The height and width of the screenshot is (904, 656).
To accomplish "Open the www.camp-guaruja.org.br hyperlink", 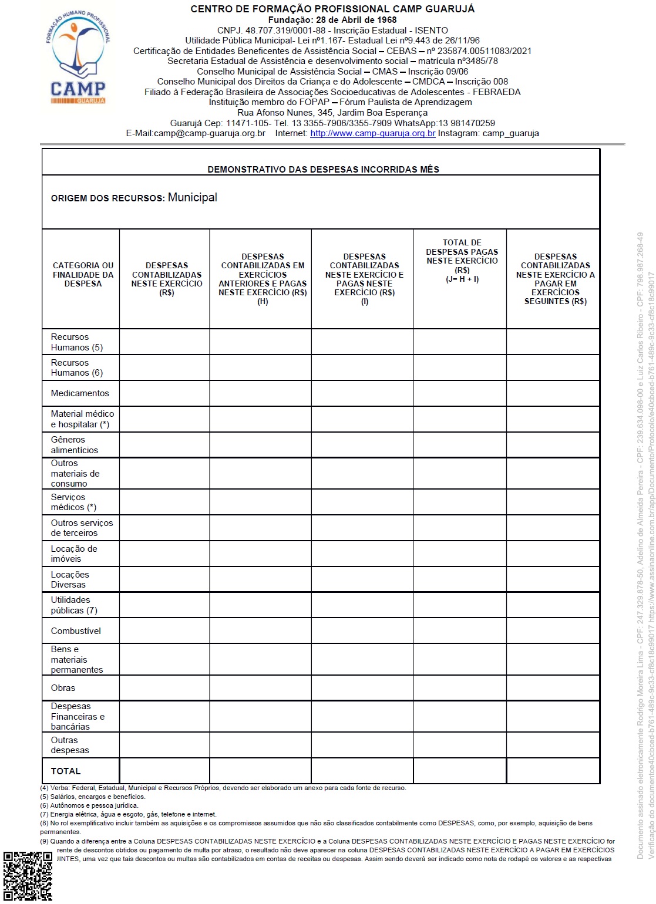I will (x=372, y=133).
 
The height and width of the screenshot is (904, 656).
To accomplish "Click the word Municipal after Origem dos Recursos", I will (x=192, y=197).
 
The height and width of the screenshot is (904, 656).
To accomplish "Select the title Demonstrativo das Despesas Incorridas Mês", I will (x=323, y=169).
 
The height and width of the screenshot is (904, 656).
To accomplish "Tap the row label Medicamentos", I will (x=80, y=393).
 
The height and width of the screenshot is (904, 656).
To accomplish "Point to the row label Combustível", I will (x=76, y=631).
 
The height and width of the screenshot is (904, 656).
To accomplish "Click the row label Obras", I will (x=63, y=688).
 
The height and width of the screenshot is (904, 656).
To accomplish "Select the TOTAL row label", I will (x=65, y=771).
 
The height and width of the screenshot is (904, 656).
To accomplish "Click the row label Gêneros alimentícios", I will (x=74, y=445).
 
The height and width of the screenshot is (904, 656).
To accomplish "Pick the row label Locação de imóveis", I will (x=73, y=554).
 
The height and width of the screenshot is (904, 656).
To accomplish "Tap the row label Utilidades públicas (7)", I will (x=73, y=605).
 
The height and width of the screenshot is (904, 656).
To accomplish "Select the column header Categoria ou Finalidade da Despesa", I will (x=83, y=274).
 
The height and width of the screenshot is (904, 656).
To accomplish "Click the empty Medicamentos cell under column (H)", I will (x=260, y=393).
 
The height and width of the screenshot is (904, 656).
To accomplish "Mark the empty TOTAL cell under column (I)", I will (x=362, y=771).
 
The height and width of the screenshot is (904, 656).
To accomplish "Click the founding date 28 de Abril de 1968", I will (x=332, y=20).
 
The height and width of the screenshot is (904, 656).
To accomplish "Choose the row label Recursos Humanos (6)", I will (x=76, y=367).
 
